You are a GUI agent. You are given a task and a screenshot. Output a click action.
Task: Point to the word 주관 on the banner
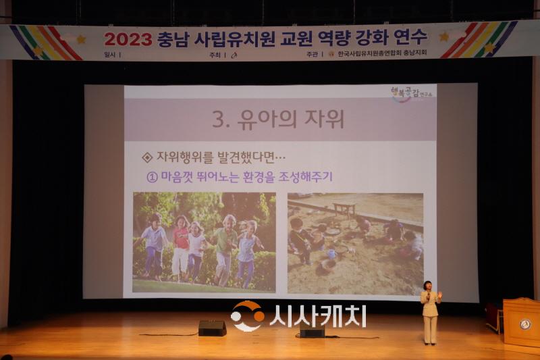coord(311,54)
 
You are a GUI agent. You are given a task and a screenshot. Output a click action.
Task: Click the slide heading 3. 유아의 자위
coord(278,120)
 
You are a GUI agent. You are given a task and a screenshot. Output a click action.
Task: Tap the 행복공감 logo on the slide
coord(412,93)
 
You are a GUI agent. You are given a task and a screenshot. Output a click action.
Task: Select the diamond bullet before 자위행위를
coord(147,157)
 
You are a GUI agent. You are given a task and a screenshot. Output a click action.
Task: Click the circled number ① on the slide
coord(152,176)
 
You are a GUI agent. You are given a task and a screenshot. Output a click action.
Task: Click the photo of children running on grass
coord(204,242)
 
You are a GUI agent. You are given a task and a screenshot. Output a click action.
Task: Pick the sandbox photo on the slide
coord(355,243)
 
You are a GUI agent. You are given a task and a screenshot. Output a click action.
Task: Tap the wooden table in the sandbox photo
coord(344,209)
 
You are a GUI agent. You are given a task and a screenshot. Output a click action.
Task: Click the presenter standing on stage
coord(429,312)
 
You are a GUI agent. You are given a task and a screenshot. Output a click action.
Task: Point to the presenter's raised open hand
coord(439,295)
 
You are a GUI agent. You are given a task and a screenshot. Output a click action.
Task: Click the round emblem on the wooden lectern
coord(524,324)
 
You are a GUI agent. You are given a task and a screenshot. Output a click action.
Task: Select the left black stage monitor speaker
coord(212,328)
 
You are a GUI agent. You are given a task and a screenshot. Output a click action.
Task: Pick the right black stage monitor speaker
coord(312,332)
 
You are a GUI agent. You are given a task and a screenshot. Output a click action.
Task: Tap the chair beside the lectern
coord(494,317)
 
